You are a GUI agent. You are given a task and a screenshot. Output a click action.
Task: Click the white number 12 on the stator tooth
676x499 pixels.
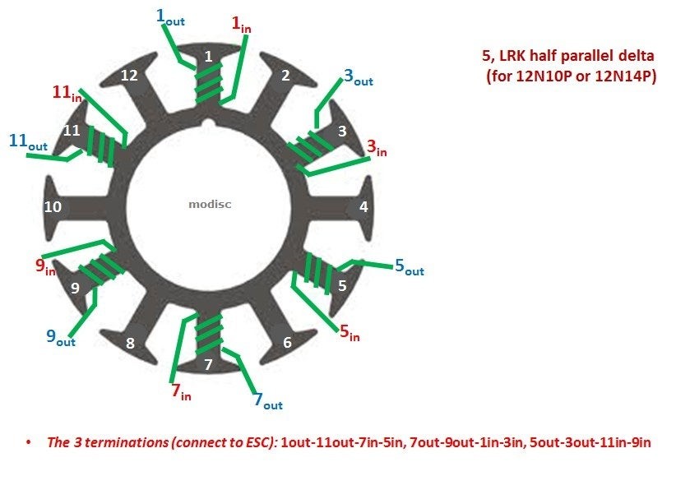[x=129, y=76]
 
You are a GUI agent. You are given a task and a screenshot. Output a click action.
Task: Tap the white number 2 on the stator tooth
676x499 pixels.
[x=285, y=76]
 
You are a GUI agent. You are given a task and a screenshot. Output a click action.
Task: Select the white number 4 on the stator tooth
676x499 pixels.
[x=363, y=207]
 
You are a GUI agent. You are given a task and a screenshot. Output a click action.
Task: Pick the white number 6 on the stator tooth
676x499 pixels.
[x=287, y=343]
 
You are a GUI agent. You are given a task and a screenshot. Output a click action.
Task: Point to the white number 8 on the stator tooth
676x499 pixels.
[x=130, y=344]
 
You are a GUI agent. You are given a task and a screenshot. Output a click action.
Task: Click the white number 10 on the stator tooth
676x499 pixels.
[x=53, y=207]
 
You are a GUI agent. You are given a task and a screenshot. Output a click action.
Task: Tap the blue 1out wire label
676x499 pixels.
[x=170, y=17]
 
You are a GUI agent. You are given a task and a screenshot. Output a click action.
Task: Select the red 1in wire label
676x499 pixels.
[x=241, y=24]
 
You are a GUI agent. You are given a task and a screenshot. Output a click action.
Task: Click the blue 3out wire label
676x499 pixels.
[x=359, y=77]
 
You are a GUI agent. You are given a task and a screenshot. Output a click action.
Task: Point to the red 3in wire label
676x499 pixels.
[x=377, y=148]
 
